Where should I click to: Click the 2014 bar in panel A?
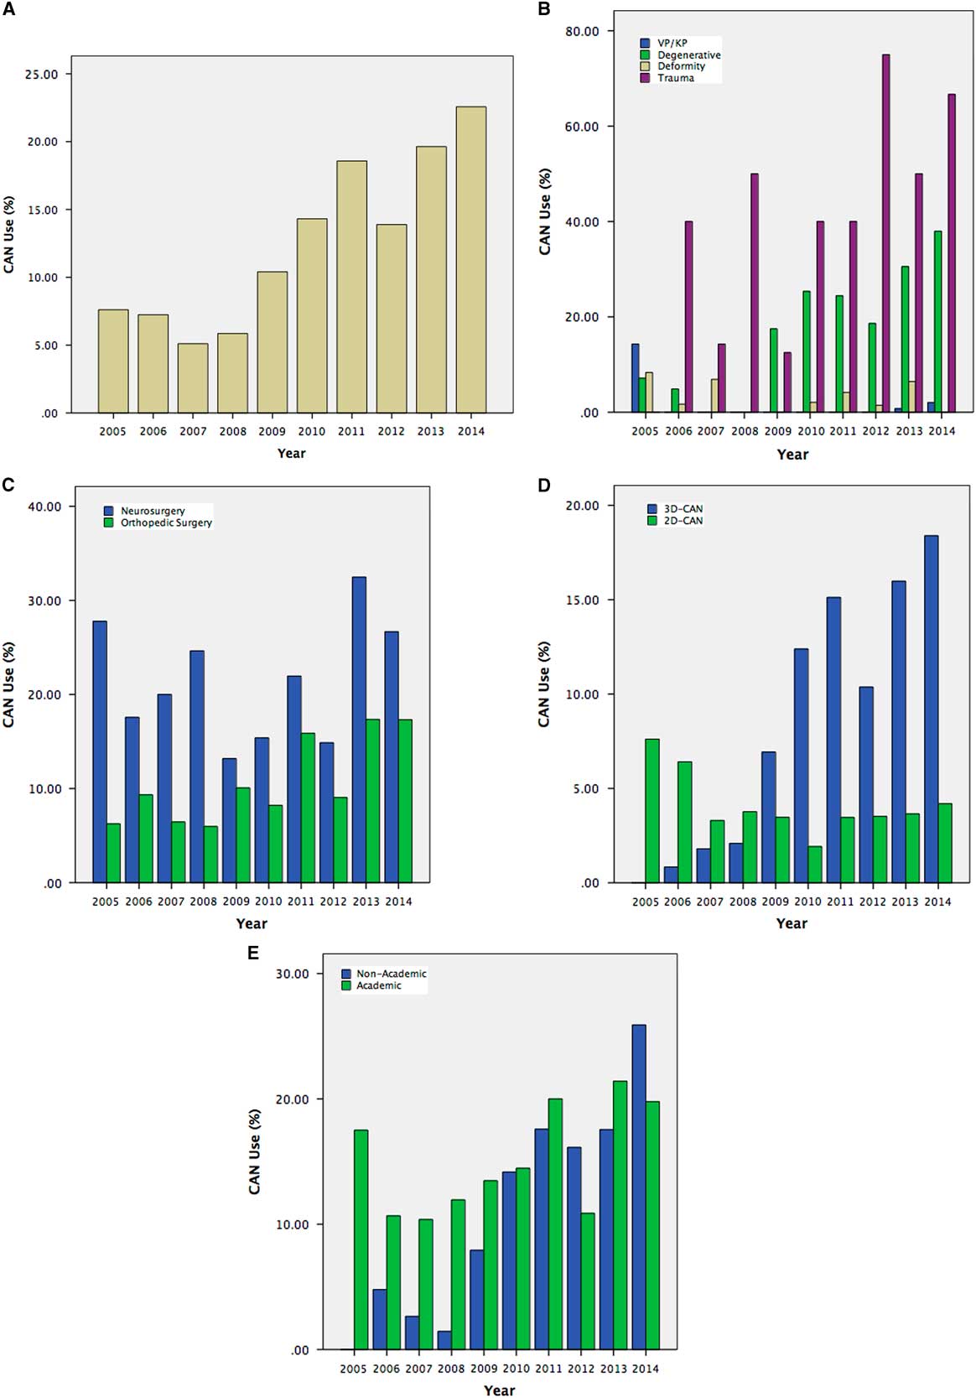pyautogui.click(x=471, y=260)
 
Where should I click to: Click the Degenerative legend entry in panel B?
pyautogui.click(x=688, y=55)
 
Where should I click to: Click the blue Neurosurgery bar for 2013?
pyautogui.click(x=359, y=730)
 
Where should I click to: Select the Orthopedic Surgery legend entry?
pyautogui.click(x=165, y=522)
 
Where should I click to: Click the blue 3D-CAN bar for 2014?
pyautogui.click(x=930, y=709)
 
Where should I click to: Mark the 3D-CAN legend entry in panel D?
pyautogui.click(x=676, y=509)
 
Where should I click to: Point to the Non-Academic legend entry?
pyautogui.click(x=391, y=974)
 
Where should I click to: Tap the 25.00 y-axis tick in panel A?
pyautogui.click(x=42, y=74)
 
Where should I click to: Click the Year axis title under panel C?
pyautogui.click(x=252, y=923)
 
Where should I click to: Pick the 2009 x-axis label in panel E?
pyautogui.click(x=483, y=1369)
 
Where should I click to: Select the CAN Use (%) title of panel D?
pyautogui.click(x=544, y=684)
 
